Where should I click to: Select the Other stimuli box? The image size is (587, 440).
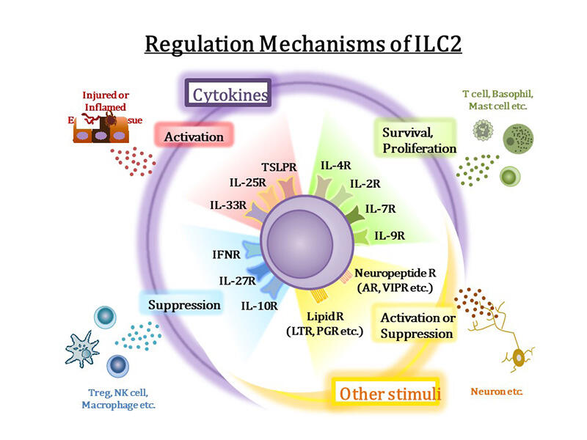386,393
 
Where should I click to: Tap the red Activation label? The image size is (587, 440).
194,137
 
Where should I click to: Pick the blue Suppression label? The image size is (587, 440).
184,304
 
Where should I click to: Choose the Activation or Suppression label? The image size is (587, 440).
415,326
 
